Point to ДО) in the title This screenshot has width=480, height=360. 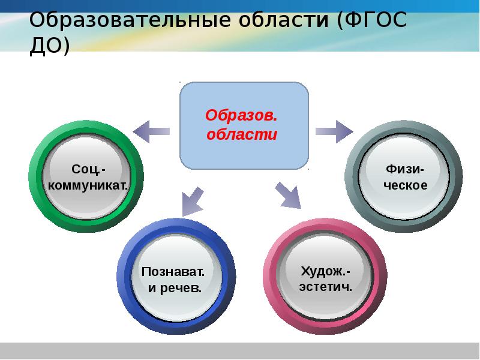(50, 46)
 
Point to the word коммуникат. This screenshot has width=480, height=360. (89, 185)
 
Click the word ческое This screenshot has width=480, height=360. (406, 185)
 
